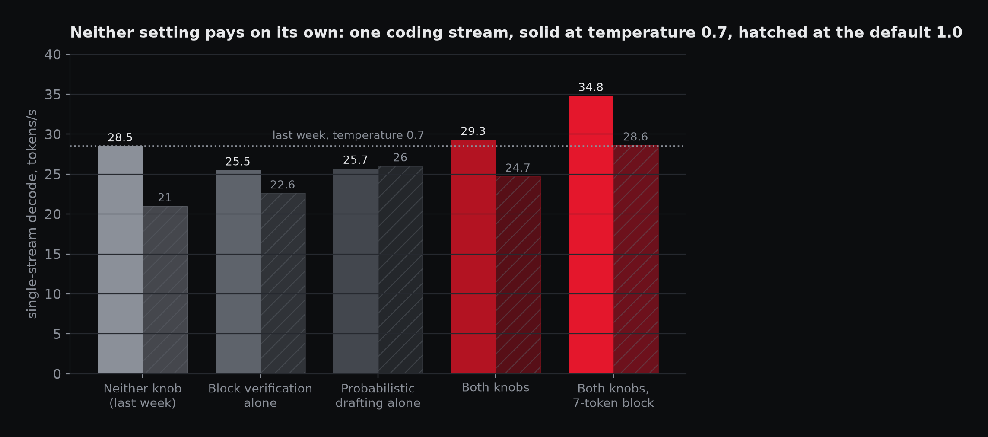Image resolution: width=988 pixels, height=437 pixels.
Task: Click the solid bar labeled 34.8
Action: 591,235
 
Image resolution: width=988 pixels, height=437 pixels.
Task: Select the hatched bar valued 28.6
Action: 636,259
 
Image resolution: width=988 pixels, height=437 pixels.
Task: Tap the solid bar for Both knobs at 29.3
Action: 473,257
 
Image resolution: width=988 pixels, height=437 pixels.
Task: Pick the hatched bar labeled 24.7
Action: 518,275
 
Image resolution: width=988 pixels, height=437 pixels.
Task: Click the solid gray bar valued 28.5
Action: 120,260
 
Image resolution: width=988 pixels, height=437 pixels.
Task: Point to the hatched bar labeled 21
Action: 165,290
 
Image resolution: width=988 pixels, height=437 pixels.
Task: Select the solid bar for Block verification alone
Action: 238,272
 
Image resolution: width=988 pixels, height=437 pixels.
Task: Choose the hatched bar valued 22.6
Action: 283,284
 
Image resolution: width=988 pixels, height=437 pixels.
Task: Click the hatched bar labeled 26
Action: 400,270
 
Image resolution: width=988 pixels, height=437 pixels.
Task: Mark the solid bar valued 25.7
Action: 356,271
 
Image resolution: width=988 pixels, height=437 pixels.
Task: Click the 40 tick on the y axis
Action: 53,55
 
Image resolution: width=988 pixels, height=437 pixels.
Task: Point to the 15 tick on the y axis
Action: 53,254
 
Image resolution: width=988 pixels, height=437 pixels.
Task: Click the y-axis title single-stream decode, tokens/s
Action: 32,214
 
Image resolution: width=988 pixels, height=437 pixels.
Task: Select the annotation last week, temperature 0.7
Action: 348,135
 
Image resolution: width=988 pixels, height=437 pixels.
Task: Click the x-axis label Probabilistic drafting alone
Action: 378,396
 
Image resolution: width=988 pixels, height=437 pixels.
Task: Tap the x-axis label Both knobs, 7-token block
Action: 613,396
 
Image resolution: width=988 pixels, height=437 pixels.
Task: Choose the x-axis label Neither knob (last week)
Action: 143,396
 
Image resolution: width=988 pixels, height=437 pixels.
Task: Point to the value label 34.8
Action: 591,87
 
